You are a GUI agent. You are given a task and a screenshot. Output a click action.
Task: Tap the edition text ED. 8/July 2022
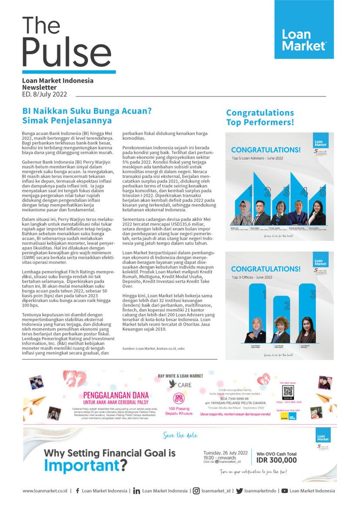click(44, 94)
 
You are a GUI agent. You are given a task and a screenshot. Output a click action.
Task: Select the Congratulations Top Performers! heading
click(260, 118)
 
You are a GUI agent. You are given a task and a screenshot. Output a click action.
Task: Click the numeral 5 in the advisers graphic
click(322, 191)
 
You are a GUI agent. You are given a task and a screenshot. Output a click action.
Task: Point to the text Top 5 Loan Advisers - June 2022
click(257, 158)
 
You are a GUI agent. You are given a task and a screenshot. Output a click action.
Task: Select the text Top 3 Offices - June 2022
click(252, 277)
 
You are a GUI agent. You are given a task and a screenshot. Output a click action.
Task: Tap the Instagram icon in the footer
click(197, 491)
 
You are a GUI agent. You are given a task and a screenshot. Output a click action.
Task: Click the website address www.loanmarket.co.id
click(45, 491)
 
